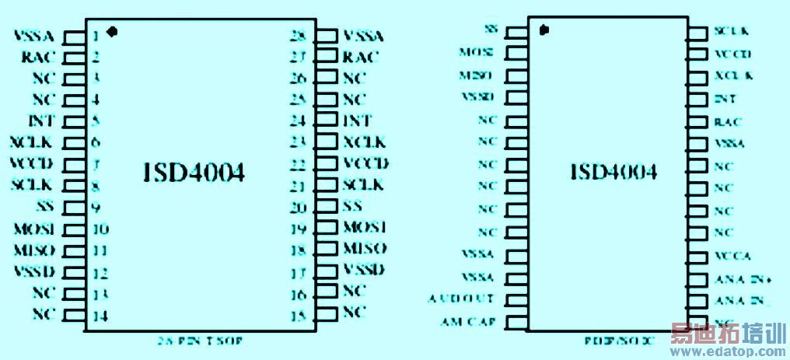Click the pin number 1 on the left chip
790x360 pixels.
tap(95, 36)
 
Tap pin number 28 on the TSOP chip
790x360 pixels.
tap(296, 36)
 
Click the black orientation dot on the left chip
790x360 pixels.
tap(112, 32)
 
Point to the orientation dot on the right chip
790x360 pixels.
tap(544, 30)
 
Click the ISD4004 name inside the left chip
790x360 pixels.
tap(194, 173)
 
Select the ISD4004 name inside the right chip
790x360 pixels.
tap(613, 172)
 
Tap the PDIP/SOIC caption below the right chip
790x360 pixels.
tap(619, 341)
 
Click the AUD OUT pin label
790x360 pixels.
tap(461, 299)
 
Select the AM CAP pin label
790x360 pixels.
tap(464, 320)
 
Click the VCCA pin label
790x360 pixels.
tap(732, 256)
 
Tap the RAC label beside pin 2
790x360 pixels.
tap(37, 57)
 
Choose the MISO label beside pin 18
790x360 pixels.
tap(365, 249)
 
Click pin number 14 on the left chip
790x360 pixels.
tap(98, 315)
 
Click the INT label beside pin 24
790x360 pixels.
tap(357, 121)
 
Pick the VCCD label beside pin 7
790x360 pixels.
tap(32, 163)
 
